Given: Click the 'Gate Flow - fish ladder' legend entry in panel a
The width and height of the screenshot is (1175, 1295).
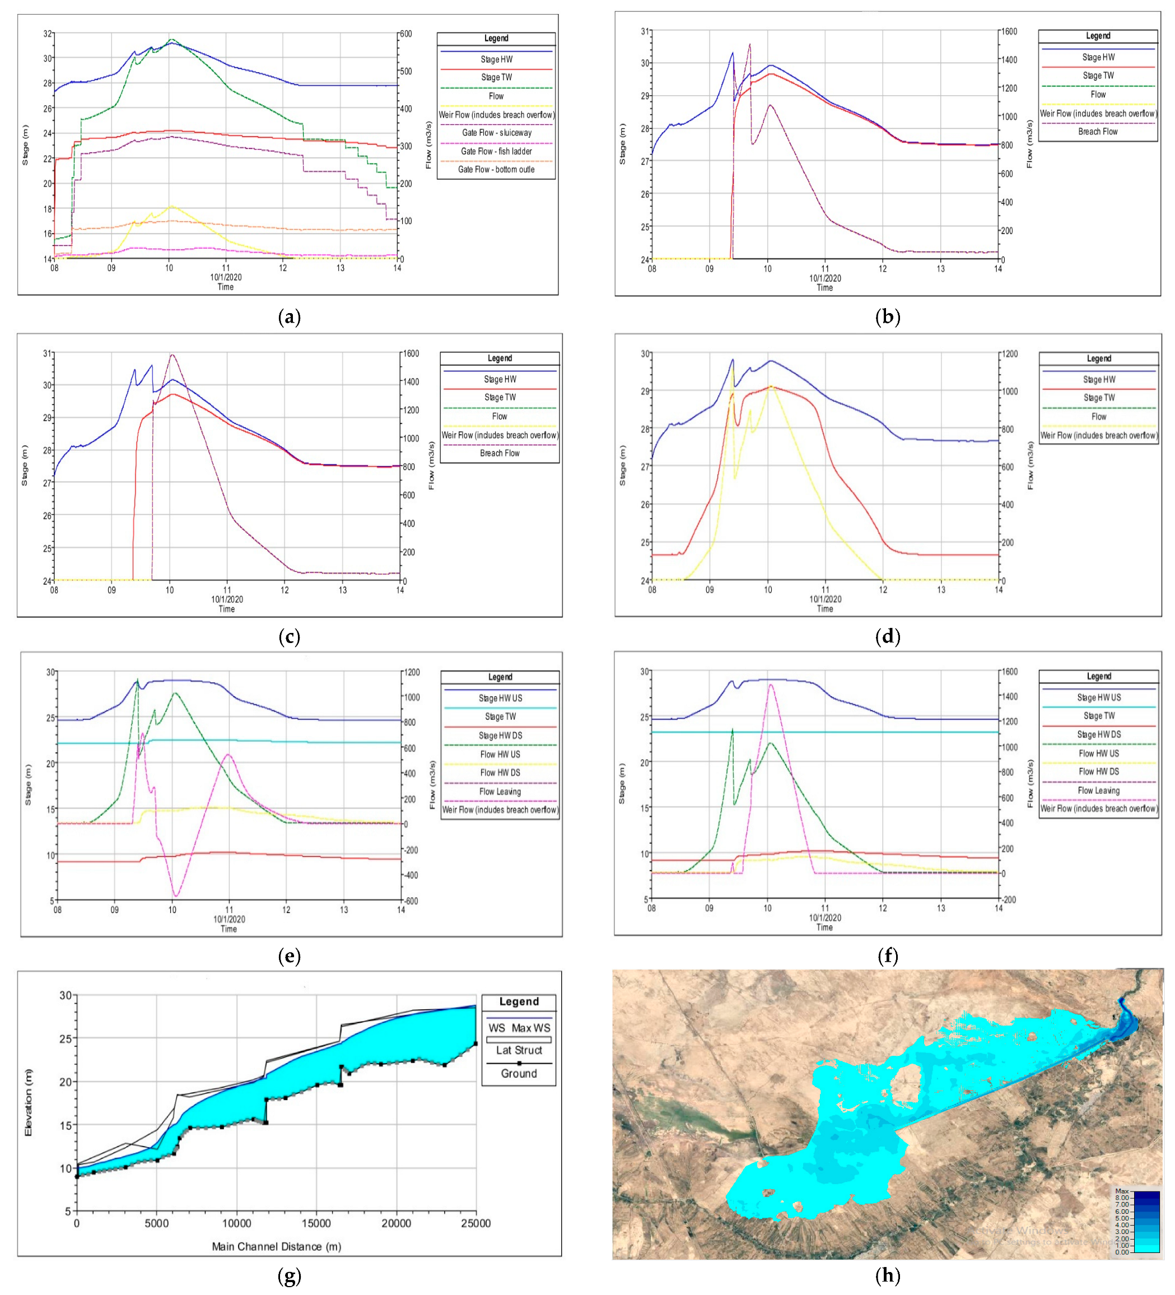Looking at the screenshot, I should (496, 152).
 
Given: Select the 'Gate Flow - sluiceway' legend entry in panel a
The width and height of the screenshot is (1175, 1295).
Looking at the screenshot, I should (496, 133).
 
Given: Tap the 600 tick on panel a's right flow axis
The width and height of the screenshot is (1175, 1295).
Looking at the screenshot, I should (405, 34).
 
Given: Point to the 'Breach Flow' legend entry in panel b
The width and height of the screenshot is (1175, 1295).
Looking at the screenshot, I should (1097, 132).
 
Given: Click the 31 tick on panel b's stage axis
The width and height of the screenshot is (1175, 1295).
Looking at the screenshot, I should (646, 31).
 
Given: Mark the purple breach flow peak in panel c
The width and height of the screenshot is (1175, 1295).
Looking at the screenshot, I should (171, 355).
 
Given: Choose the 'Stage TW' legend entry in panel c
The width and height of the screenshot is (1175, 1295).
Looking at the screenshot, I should (499, 398).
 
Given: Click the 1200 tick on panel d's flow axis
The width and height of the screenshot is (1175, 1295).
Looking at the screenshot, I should (1009, 354).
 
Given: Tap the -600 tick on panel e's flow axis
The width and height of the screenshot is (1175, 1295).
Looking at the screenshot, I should (411, 901).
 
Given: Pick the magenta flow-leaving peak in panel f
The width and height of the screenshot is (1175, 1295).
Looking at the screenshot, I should (770, 685).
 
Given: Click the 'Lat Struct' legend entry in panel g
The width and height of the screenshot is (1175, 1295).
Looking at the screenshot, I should (519, 1050).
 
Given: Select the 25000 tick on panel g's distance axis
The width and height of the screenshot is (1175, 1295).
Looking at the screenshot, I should (475, 1224).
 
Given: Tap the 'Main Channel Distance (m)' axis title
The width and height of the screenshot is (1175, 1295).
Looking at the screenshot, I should (276, 1247).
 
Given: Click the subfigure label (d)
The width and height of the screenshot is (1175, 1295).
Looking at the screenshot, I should (887, 637).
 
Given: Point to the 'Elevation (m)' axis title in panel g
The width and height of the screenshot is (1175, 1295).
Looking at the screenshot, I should (28, 1102).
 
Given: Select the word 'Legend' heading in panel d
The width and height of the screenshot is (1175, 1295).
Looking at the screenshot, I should (1098, 358).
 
